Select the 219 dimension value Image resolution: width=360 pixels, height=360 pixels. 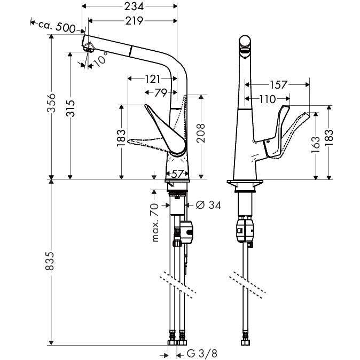(x=133, y=21)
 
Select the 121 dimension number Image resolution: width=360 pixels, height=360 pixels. (x=152, y=79)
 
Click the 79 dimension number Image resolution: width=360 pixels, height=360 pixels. (x=161, y=93)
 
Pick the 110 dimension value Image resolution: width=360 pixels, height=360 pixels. (x=268, y=99)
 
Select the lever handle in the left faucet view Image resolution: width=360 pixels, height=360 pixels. (x=163, y=126)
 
